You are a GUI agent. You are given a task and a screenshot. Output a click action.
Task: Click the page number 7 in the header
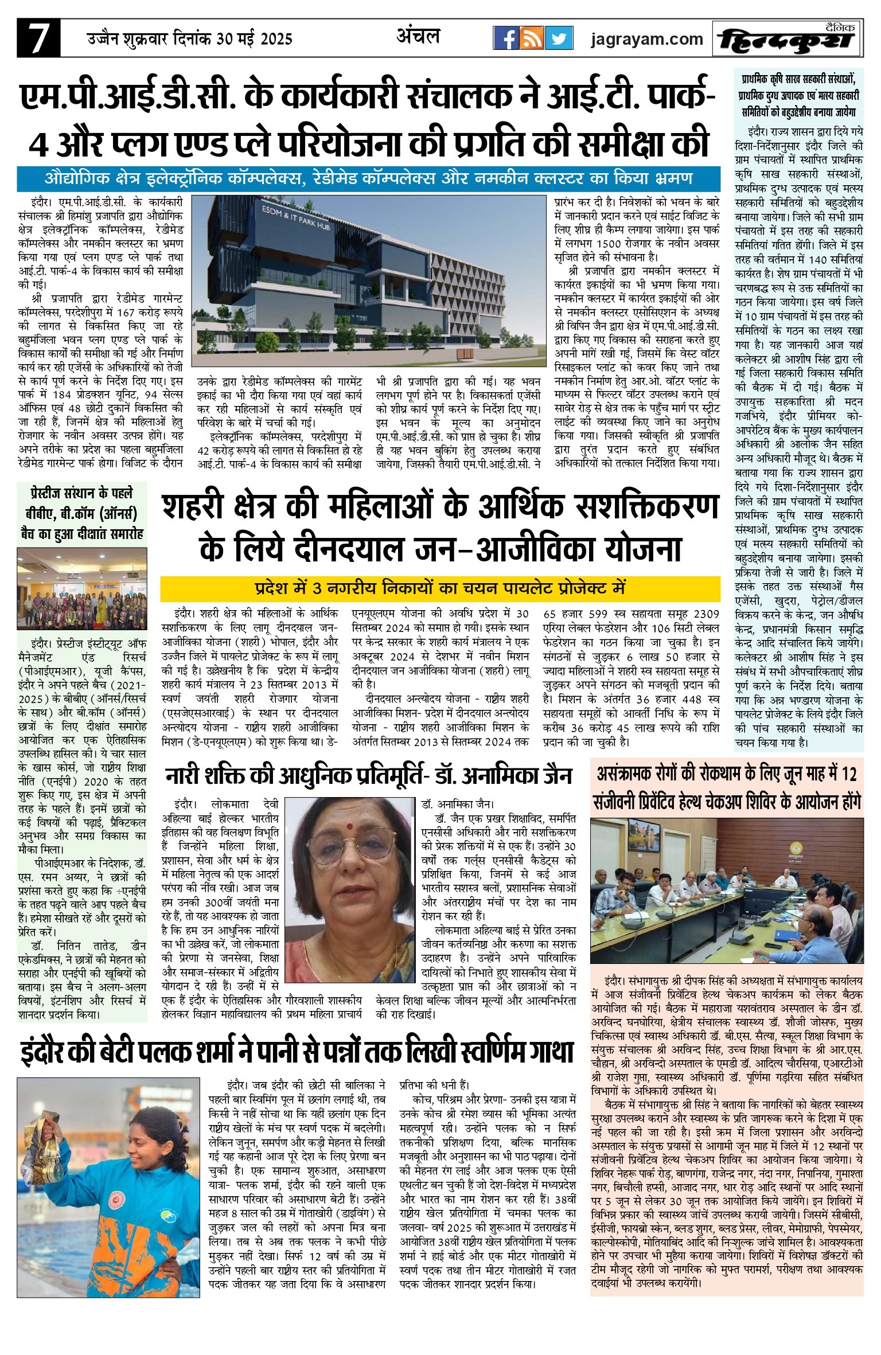click(x=38, y=39)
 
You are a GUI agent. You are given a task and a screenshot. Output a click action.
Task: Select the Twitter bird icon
click(x=559, y=38)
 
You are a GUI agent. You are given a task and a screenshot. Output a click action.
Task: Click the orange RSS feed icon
click(x=532, y=38)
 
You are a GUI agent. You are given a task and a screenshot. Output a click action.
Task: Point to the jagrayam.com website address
click(x=646, y=39)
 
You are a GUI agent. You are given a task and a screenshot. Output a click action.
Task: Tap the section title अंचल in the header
click(x=418, y=37)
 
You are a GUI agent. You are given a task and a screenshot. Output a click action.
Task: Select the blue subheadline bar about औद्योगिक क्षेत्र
click(x=368, y=179)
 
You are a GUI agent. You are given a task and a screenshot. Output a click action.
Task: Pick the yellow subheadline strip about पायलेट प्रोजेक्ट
click(x=440, y=588)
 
